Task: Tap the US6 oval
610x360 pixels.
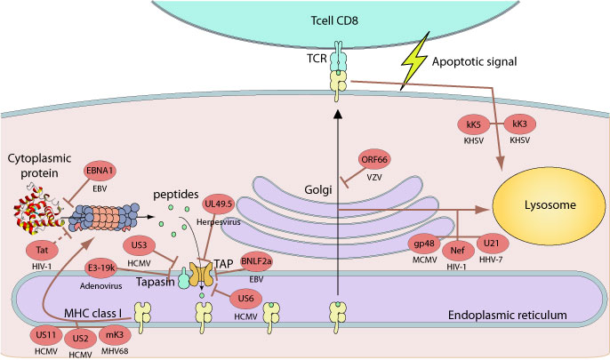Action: click(x=245, y=300)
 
